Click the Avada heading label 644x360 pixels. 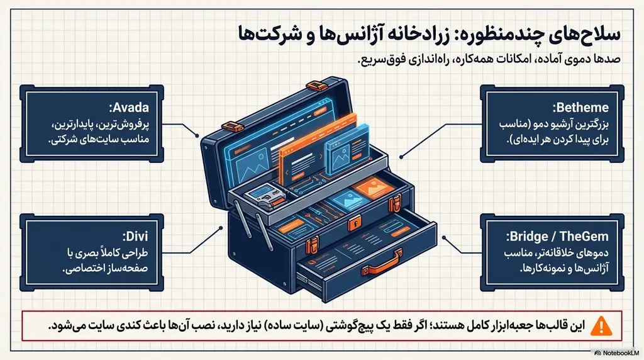click(x=129, y=108)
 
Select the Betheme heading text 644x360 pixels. click(x=580, y=108)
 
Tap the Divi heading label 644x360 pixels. click(x=135, y=236)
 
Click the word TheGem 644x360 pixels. click(x=584, y=236)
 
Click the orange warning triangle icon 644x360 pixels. click(x=601, y=326)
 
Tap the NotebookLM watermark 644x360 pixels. click(x=617, y=353)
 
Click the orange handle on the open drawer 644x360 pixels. click(x=382, y=264)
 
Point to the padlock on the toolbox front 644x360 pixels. click(x=355, y=224)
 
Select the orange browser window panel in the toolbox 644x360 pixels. click(x=317, y=149)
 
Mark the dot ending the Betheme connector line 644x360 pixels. click(x=401, y=157)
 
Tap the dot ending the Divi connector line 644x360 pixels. click(x=221, y=228)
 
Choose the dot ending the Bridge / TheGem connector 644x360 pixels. click(x=444, y=237)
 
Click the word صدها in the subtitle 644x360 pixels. click(x=609, y=59)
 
